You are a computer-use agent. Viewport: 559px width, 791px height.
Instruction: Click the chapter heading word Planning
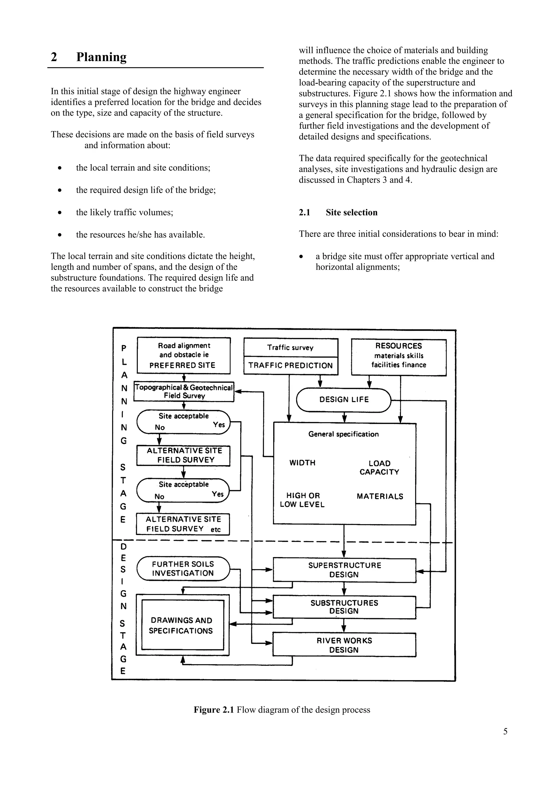click(x=101, y=57)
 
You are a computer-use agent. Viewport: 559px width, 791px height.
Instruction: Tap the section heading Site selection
click(x=351, y=212)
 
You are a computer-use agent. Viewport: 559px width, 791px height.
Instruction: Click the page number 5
click(x=505, y=731)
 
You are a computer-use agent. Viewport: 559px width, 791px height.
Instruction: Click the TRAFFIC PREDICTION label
click(x=290, y=365)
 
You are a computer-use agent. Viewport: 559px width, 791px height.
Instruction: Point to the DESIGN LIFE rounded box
click(x=344, y=400)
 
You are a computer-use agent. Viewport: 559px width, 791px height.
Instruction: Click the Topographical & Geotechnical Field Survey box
click(x=184, y=391)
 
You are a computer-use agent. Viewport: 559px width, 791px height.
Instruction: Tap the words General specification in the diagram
click(x=343, y=434)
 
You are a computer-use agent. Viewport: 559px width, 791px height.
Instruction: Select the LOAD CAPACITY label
click(x=379, y=468)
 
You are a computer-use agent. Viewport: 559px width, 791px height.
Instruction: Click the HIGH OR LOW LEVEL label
click(x=302, y=500)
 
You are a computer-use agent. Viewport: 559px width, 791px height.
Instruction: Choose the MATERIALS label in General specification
click(x=380, y=496)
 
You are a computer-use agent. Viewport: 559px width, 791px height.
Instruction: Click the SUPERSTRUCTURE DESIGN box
click(x=344, y=570)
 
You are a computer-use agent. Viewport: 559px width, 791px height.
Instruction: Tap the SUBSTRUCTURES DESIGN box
click(x=344, y=607)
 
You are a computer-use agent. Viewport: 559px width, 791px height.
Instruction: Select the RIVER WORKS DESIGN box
click(x=344, y=645)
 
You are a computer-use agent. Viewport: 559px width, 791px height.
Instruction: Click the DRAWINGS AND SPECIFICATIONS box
click(x=182, y=625)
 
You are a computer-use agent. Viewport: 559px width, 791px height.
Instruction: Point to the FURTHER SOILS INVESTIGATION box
click(x=183, y=569)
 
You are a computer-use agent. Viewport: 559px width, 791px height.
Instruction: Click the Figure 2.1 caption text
click(x=282, y=710)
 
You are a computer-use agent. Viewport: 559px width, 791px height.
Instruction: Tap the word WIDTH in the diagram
click(x=302, y=463)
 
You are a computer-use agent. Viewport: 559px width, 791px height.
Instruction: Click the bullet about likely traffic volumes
click(x=124, y=212)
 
